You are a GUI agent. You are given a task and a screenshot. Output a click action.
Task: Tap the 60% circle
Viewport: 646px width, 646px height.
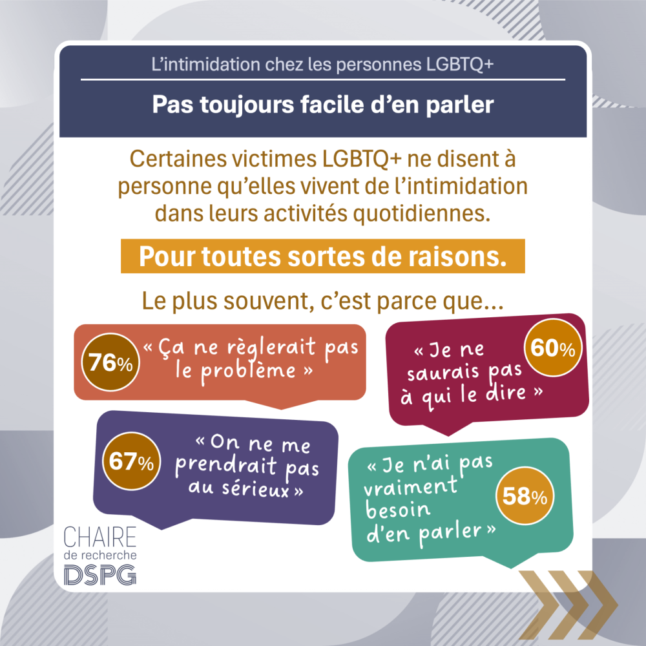(x=552, y=349)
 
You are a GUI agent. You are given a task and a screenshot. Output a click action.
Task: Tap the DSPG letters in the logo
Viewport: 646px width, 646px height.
(x=99, y=572)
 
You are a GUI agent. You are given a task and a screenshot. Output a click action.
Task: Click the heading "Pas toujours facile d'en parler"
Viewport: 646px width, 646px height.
(x=322, y=105)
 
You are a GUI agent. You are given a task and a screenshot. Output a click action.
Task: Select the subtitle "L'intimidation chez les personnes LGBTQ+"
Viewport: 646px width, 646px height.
(x=322, y=65)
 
